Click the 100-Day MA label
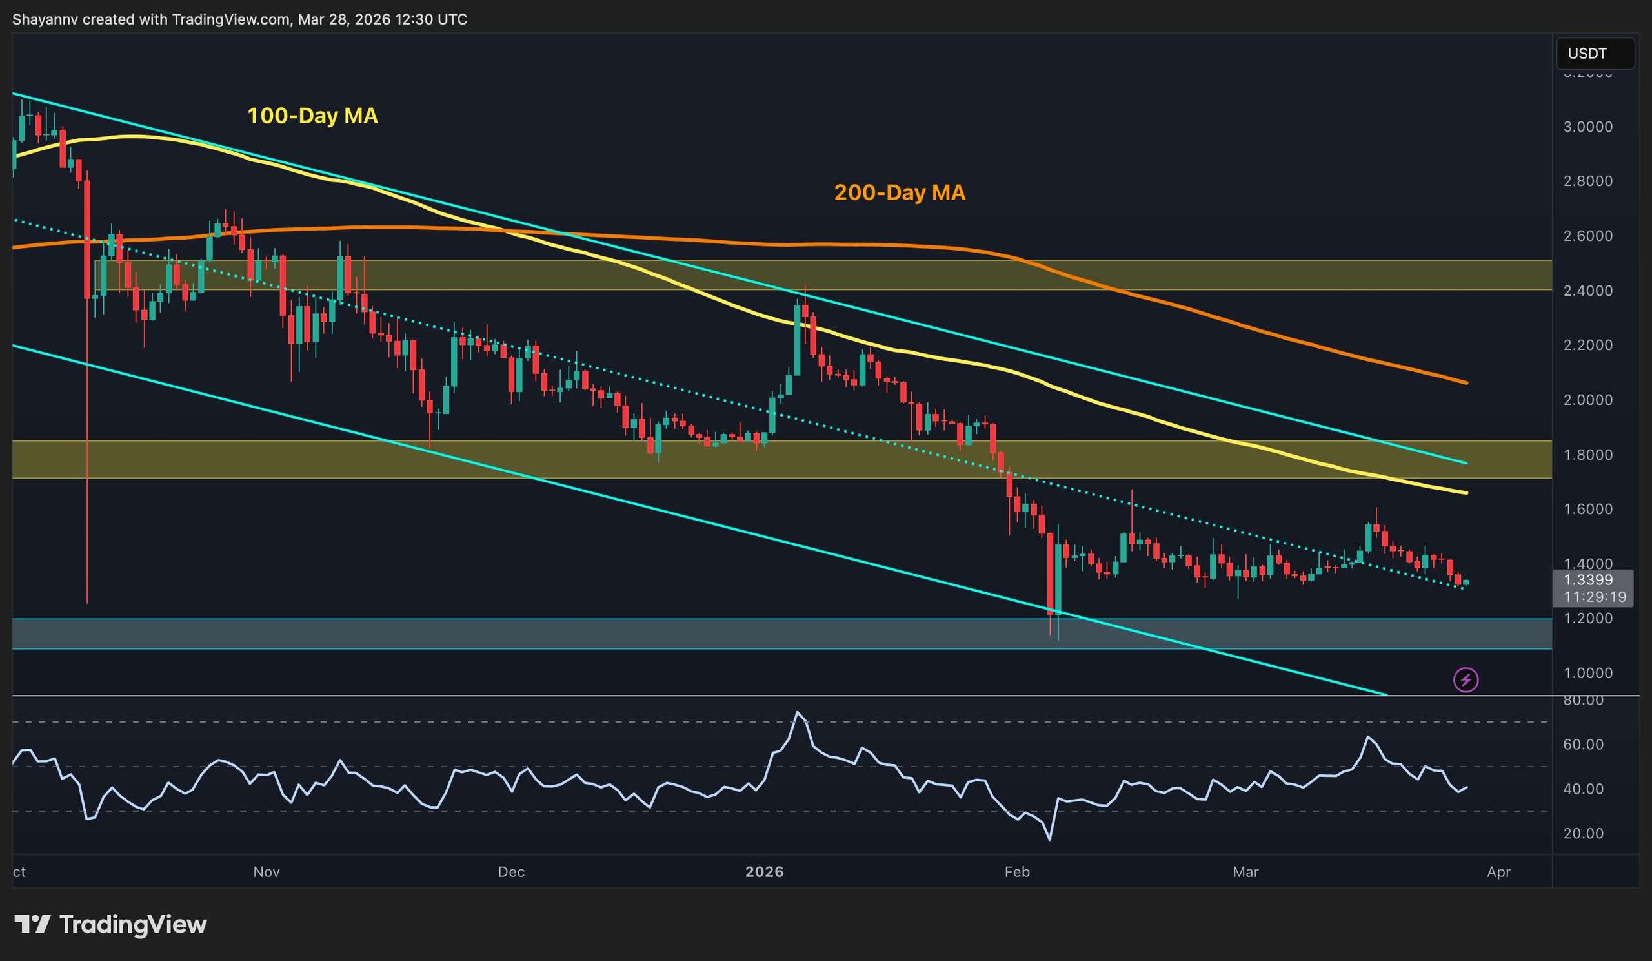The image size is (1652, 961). click(x=312, y=116)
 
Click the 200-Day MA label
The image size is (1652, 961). click(x=899, y=193)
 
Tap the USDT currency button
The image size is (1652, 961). click(x=1587, y=54)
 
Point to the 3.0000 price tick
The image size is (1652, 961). click(x=1587, y=127)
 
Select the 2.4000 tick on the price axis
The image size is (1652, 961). click(x=1587, y=291)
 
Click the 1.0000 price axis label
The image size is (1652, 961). click(x=1587, y=673)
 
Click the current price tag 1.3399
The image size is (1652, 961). click(x=1587, y=580)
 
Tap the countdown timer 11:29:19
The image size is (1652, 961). click(x=1594, y=597)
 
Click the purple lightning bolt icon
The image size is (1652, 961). click(x=1466, y=679)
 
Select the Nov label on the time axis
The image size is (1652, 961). click(x=266, y=872)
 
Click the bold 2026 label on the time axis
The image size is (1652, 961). click(x=765, y=872)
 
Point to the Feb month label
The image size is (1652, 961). click(x=1017, y=872)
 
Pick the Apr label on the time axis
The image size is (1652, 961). click(x=1498, y=872)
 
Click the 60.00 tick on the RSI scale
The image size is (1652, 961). click(x=1583, y=745)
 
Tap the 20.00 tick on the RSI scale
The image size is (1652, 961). click(x=1583, y=834)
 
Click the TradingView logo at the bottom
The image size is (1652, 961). click(x=110, y=924)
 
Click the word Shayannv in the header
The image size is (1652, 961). click(x=45, y=19)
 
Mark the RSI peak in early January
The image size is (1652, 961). click(x=797, y=712)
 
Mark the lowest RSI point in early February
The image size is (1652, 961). click(x=1049, y=840)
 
